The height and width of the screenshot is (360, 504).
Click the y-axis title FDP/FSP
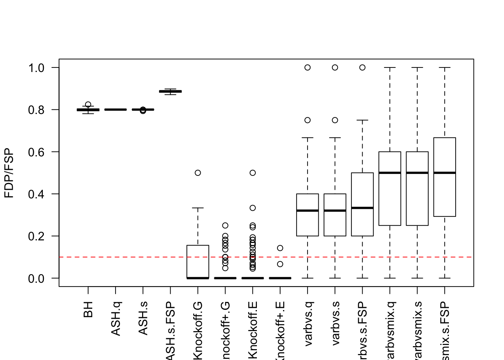tap(9, 173)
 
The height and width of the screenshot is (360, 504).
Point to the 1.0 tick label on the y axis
tap(36, 67)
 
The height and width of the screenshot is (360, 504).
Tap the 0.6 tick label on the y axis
tap(36, 152)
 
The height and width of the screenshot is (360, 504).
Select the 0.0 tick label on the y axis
tap(36, 278)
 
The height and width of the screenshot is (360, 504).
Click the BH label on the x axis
tap(88, 309)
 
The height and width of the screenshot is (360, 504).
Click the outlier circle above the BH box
tap(88, 105)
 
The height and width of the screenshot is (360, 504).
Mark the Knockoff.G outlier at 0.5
tap(198, 173)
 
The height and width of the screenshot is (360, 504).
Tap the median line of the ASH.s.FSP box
tap(170, 91)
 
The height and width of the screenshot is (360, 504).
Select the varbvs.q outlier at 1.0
tap(307, 67)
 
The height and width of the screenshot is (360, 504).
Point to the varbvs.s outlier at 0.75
tap(335, 120)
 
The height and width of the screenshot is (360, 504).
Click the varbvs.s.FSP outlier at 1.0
tap(362, 67)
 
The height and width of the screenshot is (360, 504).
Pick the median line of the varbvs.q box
tap(307, 211)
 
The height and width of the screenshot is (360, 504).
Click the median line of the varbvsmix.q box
tap(390, 173)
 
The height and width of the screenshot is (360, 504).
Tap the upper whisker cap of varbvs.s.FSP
tap(362, 120)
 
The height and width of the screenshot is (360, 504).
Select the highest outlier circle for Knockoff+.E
tap(280, 248)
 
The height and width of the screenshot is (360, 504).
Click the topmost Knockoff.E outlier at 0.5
tap(253, 173)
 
